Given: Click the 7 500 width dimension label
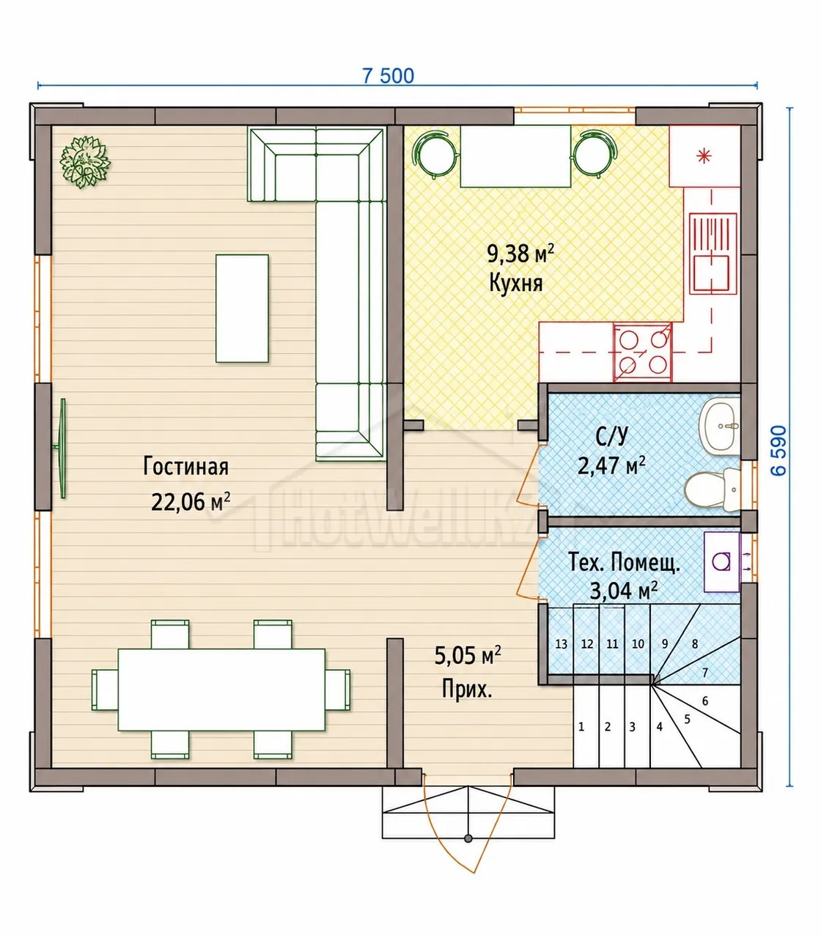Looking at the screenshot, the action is tap(388, 75).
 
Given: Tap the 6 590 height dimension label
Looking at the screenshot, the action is tap(778, 451).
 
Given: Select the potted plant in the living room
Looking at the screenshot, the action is tap(85, 162).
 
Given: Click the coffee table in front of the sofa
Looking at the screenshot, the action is tap(242, 309).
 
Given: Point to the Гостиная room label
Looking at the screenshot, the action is tap(185, 467).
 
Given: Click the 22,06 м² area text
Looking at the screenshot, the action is tap(191, 502).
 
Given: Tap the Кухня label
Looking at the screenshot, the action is tap(516, 283).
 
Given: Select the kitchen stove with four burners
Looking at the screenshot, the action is tap(643, 352).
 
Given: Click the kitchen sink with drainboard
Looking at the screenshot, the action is tap(713, 253).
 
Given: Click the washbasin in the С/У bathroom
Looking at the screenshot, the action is tap(718, 426).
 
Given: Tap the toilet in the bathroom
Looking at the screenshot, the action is tap(711, 489).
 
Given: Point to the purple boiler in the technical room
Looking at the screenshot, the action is tap(722, 561).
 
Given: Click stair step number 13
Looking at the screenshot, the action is tap(561, 644).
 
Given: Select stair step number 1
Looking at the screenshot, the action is tap(581, 727).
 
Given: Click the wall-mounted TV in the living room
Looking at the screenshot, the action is tap(61, 448).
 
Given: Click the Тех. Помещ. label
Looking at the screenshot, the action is tap(625, 562).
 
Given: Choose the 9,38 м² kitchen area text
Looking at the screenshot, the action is tap(520, 254).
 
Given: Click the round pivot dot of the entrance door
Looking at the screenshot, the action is tap(468, 838).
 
